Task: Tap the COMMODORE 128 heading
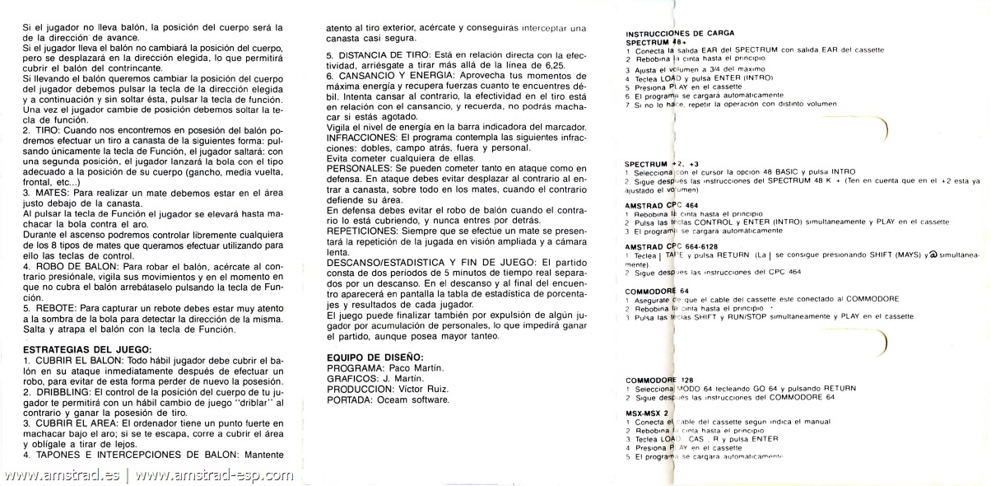658,379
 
